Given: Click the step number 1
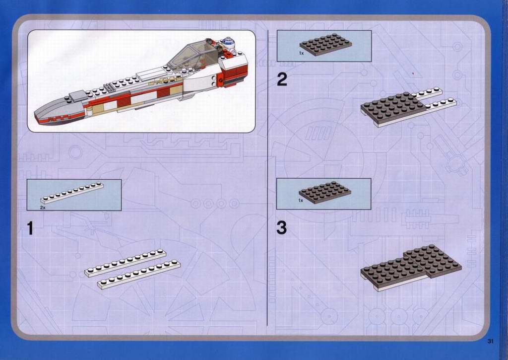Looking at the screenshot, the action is [30, 228].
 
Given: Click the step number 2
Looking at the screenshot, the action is [282, 80].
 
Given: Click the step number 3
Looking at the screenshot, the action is [282, 228].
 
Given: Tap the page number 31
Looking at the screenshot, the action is [490, 341].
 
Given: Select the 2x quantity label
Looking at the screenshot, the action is [43, 207].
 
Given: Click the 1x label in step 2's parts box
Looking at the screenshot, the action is [301, 53].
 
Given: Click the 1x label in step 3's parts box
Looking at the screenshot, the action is [301, 201].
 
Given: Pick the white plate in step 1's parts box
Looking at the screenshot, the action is [72, 193].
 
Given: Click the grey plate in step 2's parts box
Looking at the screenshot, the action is [325, 44].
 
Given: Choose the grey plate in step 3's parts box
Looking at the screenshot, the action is [325, 192].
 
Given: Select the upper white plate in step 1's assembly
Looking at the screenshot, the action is [126, 263].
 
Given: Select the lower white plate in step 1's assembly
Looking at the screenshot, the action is [139, 275].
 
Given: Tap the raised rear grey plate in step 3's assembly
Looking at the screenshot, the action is [433, 260].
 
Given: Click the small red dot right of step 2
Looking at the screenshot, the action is [413, 73].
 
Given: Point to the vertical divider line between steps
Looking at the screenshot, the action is [267, 178].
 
